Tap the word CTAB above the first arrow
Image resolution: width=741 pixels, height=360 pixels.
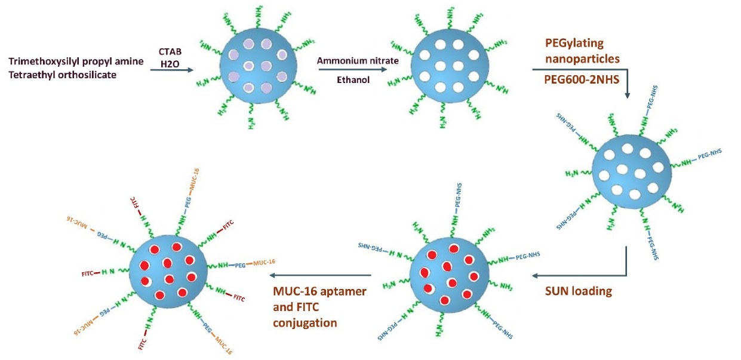pyautogui.click(x=170, y=52)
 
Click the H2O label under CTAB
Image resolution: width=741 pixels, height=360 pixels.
pyautogui.click(x=170, y=63)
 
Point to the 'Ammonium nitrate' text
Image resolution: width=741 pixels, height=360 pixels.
pyautogui.click(x=349, y=61)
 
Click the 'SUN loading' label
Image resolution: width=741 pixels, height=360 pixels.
pyautogui.click(x=578, y=291)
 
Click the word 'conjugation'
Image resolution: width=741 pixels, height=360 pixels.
pyautogui.click(x=305, y=322)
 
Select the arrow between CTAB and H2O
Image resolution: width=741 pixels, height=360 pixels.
pyautogui.click(x=173, y=70)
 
